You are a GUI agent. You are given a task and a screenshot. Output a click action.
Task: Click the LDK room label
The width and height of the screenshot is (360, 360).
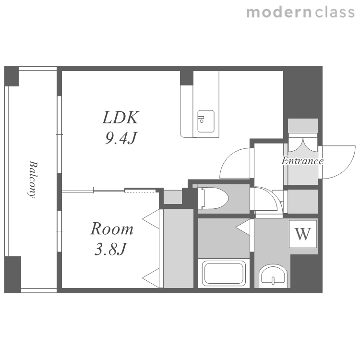pos(120,118)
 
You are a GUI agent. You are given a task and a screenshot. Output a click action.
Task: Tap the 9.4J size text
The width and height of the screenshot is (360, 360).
pos(121,138)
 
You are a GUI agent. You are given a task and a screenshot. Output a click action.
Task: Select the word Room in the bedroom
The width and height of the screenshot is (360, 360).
pos(112,228)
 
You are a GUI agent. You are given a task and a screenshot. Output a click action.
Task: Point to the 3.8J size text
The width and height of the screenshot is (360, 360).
pos(110,249)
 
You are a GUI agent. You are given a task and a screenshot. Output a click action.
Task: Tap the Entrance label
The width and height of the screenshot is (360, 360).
pos(302,161)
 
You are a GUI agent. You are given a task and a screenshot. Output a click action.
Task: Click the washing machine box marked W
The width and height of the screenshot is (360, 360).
pos(303,234)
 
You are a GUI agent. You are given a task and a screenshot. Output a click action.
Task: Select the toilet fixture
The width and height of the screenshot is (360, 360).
pos(214,198)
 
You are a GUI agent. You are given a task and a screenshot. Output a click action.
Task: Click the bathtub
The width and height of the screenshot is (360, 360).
pos(224,273)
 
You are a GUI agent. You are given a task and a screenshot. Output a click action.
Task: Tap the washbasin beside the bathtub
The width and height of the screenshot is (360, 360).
pos(273,276)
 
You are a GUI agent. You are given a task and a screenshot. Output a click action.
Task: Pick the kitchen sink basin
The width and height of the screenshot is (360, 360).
pos(206,121)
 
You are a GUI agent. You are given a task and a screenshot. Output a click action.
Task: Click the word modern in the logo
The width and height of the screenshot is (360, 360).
pos(279,12)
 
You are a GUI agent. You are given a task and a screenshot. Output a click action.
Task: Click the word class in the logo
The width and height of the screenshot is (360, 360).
pos(335,12)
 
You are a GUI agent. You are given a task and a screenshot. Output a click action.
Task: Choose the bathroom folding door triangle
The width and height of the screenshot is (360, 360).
pos(243,228)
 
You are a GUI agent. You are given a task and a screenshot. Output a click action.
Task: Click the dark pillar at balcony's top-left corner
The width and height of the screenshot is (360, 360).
pos(12,76)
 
